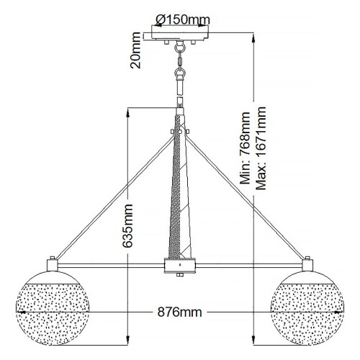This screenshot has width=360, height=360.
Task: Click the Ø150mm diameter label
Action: (180, 19)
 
